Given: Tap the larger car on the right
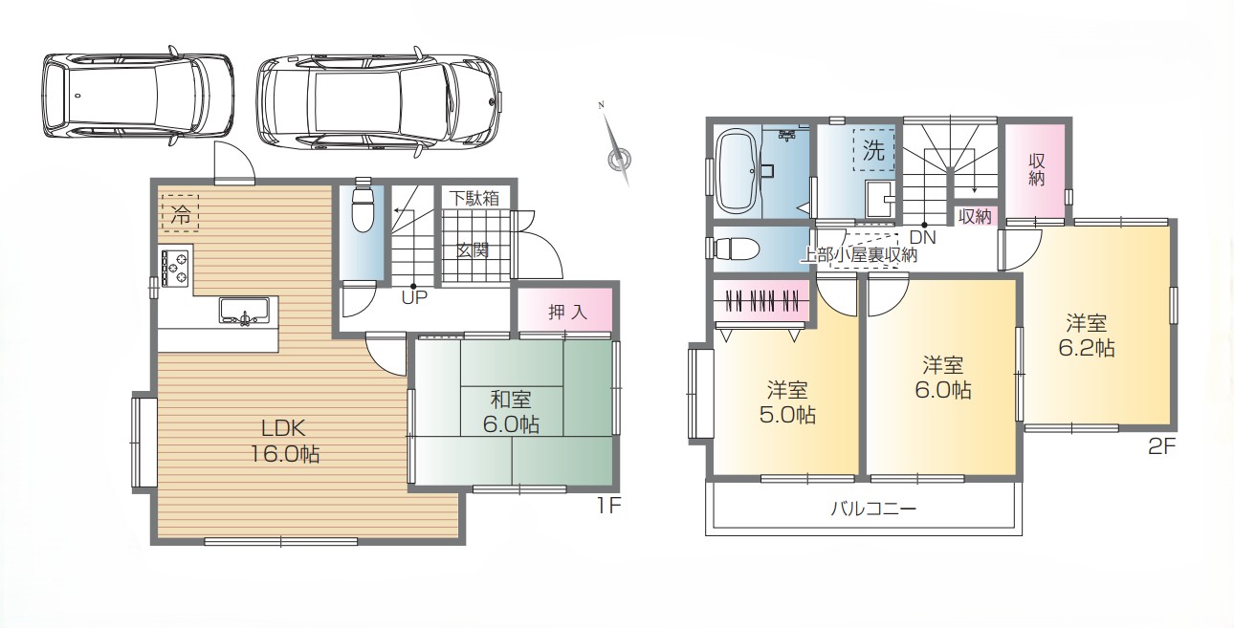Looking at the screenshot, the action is tap(379, 102).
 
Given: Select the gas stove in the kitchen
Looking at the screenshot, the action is tap(175, 268).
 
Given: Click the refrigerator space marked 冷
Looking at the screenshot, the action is tap(180, 213).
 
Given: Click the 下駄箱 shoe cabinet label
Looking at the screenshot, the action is tap(474, 198).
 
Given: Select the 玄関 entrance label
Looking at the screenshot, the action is tap(473, 250).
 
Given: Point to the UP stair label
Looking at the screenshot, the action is tap(414, 298).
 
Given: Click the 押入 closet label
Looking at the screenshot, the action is tap(567, 312).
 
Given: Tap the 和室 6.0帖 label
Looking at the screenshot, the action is tap(511, 412).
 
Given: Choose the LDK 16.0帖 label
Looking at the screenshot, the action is tap(285, 441).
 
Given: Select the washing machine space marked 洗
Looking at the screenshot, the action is tap(873, 150).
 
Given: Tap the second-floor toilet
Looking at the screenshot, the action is tap(736, 249).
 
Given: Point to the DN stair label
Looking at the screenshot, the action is tap(923, 238).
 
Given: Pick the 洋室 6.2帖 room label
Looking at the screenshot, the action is tap(1087, 336).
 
